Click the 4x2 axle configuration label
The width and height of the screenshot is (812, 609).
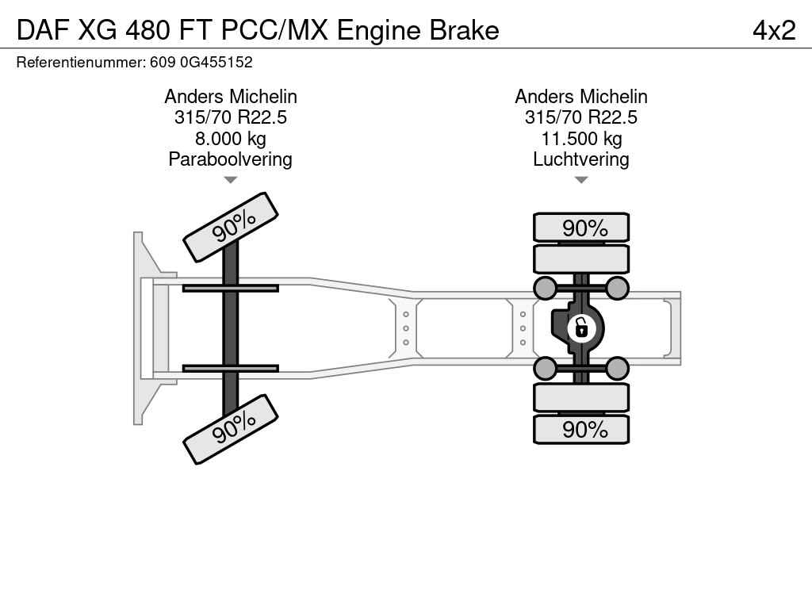[773, 30]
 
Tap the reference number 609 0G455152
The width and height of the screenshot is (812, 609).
[201, 62]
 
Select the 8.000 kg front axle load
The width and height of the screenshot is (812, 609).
[230, 139]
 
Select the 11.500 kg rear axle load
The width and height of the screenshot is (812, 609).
[580, 139]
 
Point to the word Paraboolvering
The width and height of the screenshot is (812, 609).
[230, 159]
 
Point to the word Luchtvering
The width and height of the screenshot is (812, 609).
[580, 159]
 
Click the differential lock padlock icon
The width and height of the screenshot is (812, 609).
[581, 327]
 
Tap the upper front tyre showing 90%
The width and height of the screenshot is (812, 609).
[231, 227]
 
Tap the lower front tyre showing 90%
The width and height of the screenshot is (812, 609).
[231, 428]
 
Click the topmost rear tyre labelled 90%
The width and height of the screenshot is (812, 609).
[581, 228]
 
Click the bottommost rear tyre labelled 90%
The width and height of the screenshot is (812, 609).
[581, 429]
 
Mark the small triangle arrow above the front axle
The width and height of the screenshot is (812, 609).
[230, 180]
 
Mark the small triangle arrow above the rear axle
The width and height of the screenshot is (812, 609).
[580, 180]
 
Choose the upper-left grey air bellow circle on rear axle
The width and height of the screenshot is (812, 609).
[546, 288]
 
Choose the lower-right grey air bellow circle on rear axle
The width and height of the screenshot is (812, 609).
[617, 368]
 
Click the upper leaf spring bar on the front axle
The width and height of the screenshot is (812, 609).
[230, 288]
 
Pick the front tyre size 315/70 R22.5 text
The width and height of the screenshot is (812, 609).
[230, 118]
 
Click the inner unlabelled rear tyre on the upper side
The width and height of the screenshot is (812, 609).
[581, 259]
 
